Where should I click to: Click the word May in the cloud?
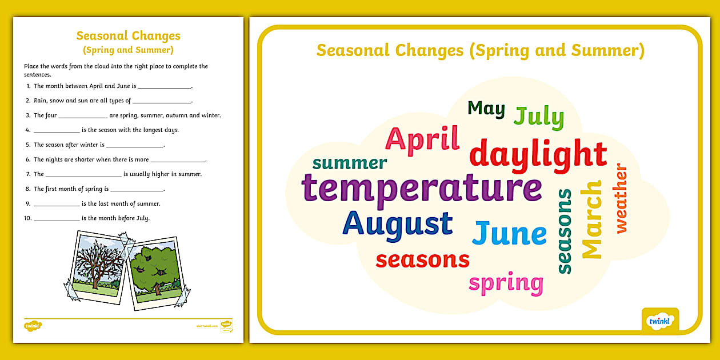click(486, 108)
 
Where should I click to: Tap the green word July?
click(538, 117)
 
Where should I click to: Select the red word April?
click(422, 139)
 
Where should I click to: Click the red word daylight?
click(538, 154)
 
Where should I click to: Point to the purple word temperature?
click(422, 188)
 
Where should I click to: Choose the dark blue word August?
click(398, 224)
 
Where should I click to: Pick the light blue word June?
click(509, 233)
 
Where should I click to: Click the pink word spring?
click(506, 283)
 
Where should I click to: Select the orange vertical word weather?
click(621, 199)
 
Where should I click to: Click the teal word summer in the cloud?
click(350, 163)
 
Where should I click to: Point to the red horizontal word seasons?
click(422, 259)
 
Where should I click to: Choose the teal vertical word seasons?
click(564, 231)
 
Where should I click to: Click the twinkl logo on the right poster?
click(660, 321)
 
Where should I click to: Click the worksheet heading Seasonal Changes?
click(128, 36)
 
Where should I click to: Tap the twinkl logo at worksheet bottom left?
click(33, 326)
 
